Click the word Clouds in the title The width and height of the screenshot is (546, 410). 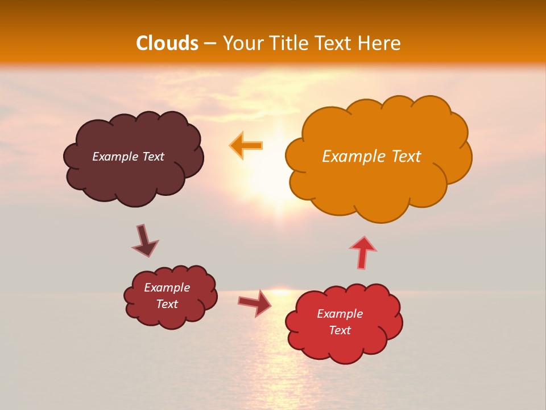tap(167, 43)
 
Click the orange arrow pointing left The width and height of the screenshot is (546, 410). tap(246, 145)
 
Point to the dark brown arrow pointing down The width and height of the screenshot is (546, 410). tap(144, 241)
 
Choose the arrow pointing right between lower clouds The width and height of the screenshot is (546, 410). tap(255, 302)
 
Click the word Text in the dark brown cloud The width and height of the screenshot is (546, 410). tap(153, 157)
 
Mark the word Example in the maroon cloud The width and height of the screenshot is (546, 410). tap(167, 288)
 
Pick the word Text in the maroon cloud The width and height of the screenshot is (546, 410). tap(167, 304)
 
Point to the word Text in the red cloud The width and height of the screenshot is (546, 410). tap(340, 330)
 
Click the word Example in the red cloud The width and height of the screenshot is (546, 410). tap(340, 314)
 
